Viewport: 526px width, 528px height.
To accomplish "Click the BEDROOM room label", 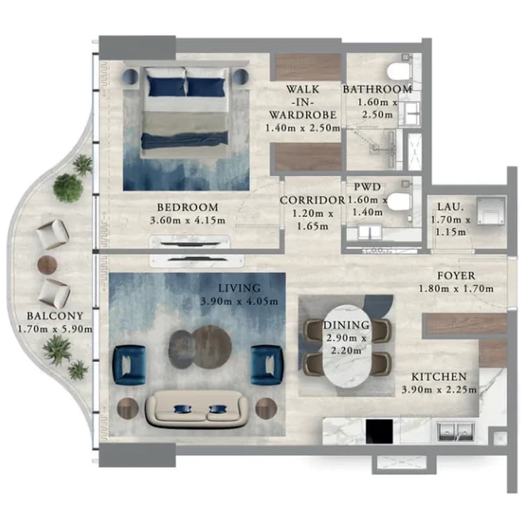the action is click(x=187, y=207).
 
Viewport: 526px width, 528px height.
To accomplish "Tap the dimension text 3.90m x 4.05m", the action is click(x=239, y=301).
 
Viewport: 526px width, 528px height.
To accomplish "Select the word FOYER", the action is click(x=456, y=276).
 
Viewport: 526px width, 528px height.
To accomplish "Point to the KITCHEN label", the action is click(x=439, y=376).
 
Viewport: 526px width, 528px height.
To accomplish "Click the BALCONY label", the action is click(x=55, y=316).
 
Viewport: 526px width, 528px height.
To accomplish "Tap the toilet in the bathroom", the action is click(x=399, y=71).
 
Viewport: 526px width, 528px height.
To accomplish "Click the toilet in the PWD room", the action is click(x=399, y=201).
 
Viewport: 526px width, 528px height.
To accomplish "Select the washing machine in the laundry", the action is click(x=491, y=211).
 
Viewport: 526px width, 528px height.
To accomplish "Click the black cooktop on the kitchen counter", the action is click(x=380, y=431).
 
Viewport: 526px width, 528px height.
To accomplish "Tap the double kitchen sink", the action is click(x=456, y=432).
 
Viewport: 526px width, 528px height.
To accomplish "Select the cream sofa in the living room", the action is click(x=197, y=408).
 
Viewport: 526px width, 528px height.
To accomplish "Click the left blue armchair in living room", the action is click(x=130, y=365).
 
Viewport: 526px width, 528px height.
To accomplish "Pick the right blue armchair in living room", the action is click(x=267, y=365).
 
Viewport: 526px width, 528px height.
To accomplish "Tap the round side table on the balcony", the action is click(x=47, y=265).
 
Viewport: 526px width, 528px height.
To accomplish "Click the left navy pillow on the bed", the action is click(x=166, y=87).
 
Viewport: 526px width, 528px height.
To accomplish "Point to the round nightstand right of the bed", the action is click(x=240, y=77).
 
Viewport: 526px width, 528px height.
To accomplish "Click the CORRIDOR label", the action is click(x=313, y=200).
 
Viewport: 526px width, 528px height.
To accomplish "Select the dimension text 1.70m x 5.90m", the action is click(x=55, y=329).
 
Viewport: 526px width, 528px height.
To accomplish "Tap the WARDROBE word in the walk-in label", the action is click(x=303, y=115).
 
